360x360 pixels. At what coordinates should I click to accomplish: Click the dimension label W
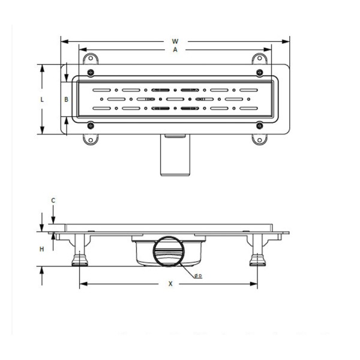(175, 41)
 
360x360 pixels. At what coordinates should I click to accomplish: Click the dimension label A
(175, 50)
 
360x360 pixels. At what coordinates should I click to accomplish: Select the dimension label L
(42, 100)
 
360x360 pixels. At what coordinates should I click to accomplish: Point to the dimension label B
(67, 99)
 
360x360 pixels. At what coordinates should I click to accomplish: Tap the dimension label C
(53, 200)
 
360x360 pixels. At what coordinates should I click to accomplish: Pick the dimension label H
(42, 248)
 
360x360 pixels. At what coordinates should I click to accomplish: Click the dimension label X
(170, 284)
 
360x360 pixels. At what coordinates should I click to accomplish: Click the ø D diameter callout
(198, 275)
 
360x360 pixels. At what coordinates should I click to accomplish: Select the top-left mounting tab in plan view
(91, 58)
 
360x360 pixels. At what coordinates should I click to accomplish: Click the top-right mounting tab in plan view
(259, 58)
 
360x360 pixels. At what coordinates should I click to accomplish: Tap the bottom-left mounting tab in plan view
(91, 140)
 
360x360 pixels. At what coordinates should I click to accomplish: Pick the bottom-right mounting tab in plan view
(259, 140)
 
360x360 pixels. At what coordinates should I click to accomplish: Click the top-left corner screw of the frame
(91, 73)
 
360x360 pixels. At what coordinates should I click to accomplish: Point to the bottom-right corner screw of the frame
(259, 125)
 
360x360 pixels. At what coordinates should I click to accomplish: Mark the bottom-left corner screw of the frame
(91, 125)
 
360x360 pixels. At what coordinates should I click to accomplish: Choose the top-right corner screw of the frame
(259, 73)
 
